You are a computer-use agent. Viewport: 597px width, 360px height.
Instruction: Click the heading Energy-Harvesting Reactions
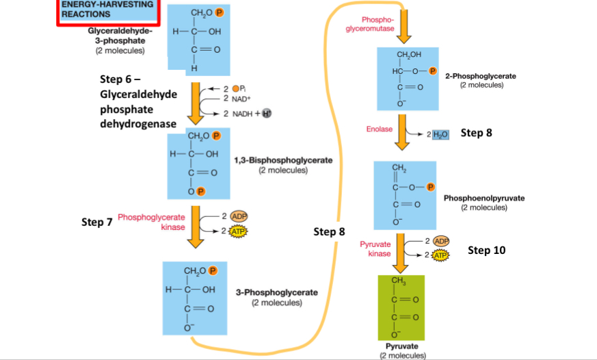click(x=105, y=10)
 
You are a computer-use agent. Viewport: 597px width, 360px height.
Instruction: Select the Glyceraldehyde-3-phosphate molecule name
click(x=120, y=35)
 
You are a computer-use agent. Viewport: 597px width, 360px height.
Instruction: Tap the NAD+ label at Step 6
click(x=235, y=99)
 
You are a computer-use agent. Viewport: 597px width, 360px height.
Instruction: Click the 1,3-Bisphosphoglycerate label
click(x=282, y=160)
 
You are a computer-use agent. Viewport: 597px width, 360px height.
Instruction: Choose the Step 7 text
click(x=96, y=222)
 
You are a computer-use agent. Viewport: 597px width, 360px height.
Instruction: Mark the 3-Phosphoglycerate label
click(x=276, y=292)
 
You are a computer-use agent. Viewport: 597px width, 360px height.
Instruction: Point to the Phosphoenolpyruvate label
click(x=484, y=198)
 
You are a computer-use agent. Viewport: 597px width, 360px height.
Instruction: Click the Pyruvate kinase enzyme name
click(x=375, y=248)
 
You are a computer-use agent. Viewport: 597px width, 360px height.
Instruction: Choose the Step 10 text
click(x=486, y=250)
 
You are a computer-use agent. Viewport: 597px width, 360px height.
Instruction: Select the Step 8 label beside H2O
click(x=476, y=132)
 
